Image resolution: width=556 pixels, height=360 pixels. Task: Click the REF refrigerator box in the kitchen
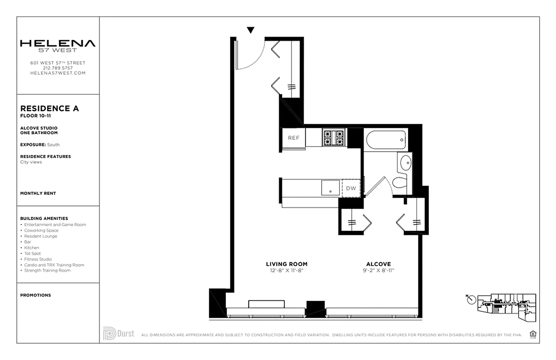(x=293, y=138)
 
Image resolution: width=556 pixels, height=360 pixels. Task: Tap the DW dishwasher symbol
(x=351, y=189)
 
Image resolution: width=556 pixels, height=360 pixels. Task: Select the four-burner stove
(x=333, y=138)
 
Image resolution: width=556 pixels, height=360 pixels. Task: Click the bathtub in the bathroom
(x=386, y=139)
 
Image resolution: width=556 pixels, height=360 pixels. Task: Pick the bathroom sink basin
(x=405, y=162)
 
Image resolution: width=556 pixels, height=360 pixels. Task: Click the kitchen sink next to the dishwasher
(x=331, y=188)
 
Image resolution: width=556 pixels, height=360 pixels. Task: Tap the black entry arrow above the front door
(x=251, y=30)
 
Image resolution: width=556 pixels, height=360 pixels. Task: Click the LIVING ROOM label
(x=287, y=264)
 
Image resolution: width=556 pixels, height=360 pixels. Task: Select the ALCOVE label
(x=378, y=264)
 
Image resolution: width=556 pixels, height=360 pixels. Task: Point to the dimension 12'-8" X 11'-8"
(x=287, y=270)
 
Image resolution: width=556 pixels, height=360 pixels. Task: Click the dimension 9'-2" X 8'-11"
(x=378, y=270)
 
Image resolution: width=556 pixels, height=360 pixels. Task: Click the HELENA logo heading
(x=58, y=44)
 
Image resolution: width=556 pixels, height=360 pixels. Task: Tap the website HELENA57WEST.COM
(x=58, y=73)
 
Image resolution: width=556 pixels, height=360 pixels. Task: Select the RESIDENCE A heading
(x=49, y=108)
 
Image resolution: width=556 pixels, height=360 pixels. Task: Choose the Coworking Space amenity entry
(x=41, y=230)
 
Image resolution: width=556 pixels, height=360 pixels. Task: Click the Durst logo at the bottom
(x=119, y=334)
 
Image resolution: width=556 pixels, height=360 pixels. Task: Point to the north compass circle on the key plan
(x=471, y=299)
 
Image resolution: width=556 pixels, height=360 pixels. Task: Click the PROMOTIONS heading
(x=36, y=295)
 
